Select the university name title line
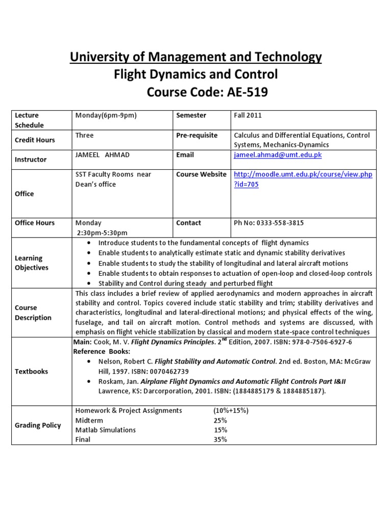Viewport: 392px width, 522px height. click(x=196, y=57)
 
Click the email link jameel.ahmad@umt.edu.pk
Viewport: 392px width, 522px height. click(x=278, y=155)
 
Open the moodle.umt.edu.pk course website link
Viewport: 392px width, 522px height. click(x=303, y=174)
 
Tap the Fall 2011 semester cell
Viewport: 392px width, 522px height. click(x=248, y=115)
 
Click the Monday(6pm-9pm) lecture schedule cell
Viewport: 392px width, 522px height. click(x=106, y=115)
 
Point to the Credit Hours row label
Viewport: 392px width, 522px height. click(x=35, y=140)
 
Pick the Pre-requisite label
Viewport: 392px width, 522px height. click(x=197, y=135)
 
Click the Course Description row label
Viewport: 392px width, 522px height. click(x=33, y=312)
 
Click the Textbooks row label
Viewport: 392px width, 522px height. click(x=32, y=371)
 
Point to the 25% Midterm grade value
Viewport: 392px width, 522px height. click(x=220, y=420)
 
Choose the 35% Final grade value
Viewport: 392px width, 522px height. click(x=220, y=439)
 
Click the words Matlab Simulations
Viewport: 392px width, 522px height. click(x=106, y=430)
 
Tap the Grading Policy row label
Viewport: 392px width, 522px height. click(x=38, y=425)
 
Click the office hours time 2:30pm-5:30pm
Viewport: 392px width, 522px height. click(x=102, y=232)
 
